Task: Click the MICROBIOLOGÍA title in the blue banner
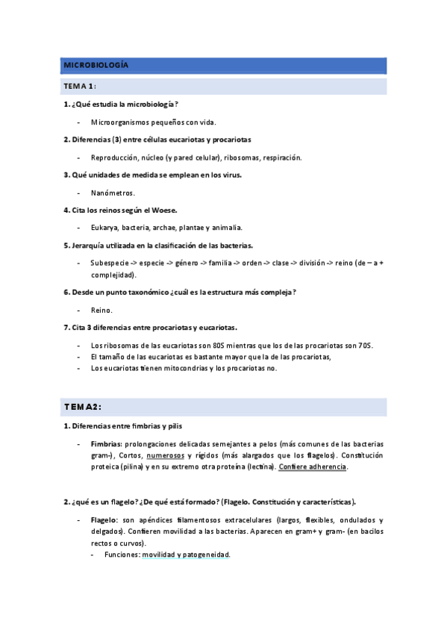[x=96, y=66]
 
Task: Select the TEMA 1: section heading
[x=78, y=87]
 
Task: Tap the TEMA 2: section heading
[x=82, y=406]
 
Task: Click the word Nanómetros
[x=113, y=193]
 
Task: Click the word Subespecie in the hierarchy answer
[x=110, y=263]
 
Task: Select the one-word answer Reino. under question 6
[x=101, y=310]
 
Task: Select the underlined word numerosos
[x=166, y=455]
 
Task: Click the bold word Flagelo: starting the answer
[x=104, y=520]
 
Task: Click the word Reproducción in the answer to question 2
[x=115, y=158]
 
